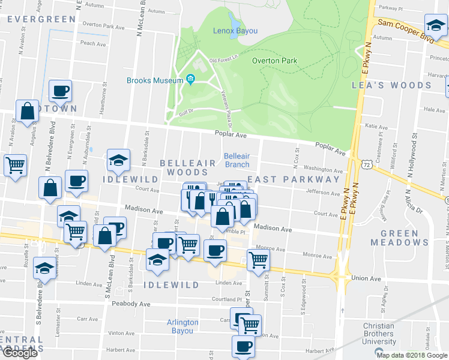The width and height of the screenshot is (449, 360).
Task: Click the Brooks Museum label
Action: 154,80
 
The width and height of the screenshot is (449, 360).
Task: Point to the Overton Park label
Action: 274,61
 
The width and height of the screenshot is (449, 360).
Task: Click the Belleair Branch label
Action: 237,160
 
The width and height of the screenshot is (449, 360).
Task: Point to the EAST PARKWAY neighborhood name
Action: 294,179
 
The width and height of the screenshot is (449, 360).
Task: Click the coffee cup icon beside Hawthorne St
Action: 61,91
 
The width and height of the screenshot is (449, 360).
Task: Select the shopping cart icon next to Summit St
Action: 258,260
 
